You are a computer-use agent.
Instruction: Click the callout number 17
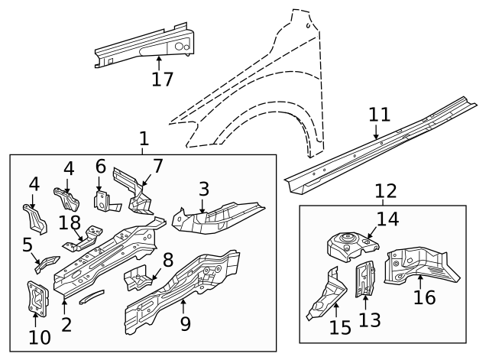(162, 78)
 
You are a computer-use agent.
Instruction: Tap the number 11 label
(379, 115)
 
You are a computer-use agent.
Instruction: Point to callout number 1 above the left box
(144, 139)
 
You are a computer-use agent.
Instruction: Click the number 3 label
(203, 188)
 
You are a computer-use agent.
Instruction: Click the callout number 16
(424, 296)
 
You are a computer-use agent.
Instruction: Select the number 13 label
(369, 319)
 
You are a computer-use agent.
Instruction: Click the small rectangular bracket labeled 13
(364, 279)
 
